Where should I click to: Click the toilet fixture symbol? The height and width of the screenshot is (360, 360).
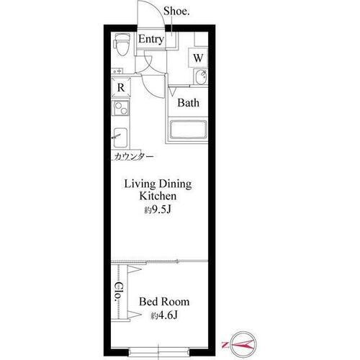click(122, 45)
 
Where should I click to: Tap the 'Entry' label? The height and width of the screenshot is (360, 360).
click(151, 39)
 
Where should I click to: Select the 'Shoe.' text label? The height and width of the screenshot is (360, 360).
click(176, 11)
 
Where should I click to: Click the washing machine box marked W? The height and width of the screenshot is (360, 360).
click(198, 58)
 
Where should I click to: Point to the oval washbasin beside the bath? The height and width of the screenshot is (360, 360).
click(200, 77)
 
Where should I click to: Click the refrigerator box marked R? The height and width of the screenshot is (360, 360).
click(121, 87)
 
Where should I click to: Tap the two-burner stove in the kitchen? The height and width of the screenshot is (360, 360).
click(121, 108)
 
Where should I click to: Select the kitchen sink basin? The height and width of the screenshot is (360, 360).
click(120, 138)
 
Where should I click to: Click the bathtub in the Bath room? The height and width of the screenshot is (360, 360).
click(188, 130)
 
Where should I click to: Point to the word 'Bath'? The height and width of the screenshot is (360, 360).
click(188, 103)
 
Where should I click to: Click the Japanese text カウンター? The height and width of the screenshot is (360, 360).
click(133, 156)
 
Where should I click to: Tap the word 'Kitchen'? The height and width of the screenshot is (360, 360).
click(158, 196)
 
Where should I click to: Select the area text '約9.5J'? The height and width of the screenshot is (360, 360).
click(158, 210)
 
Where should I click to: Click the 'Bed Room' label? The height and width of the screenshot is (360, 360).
click(164, 302)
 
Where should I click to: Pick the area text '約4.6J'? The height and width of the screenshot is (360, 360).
click(164, 315)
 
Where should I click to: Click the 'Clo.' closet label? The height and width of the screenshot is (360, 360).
click(119, 292)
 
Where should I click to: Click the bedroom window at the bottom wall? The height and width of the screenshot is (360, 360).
click(158, 353)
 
